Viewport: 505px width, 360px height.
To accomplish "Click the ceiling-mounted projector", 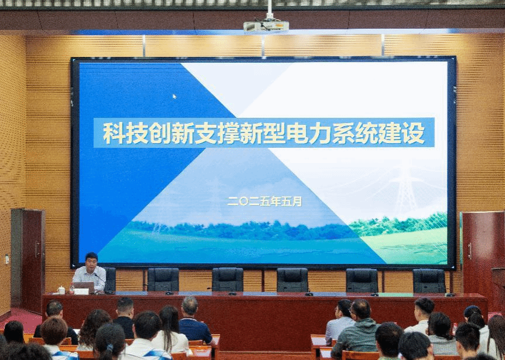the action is point(266,26).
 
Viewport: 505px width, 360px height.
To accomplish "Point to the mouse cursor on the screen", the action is point(174,96).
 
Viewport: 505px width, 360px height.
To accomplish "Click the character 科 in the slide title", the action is point(114,133).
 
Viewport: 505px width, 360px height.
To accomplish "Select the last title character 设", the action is point(414,133).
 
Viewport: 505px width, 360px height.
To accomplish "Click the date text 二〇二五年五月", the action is point(264,202).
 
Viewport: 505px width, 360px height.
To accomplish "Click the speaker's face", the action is point(91,263).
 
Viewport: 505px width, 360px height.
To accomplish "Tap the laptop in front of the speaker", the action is point(84,287).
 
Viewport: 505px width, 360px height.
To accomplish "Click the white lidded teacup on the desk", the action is point(61,290).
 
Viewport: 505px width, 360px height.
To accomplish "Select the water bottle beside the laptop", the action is point(71,288).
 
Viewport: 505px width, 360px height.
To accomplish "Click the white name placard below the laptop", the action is point(81,291).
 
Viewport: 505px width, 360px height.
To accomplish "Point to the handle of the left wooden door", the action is point(37,249).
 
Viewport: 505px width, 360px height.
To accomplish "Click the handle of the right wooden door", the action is point(470,251).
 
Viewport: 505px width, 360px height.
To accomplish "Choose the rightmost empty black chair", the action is point(429,281).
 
